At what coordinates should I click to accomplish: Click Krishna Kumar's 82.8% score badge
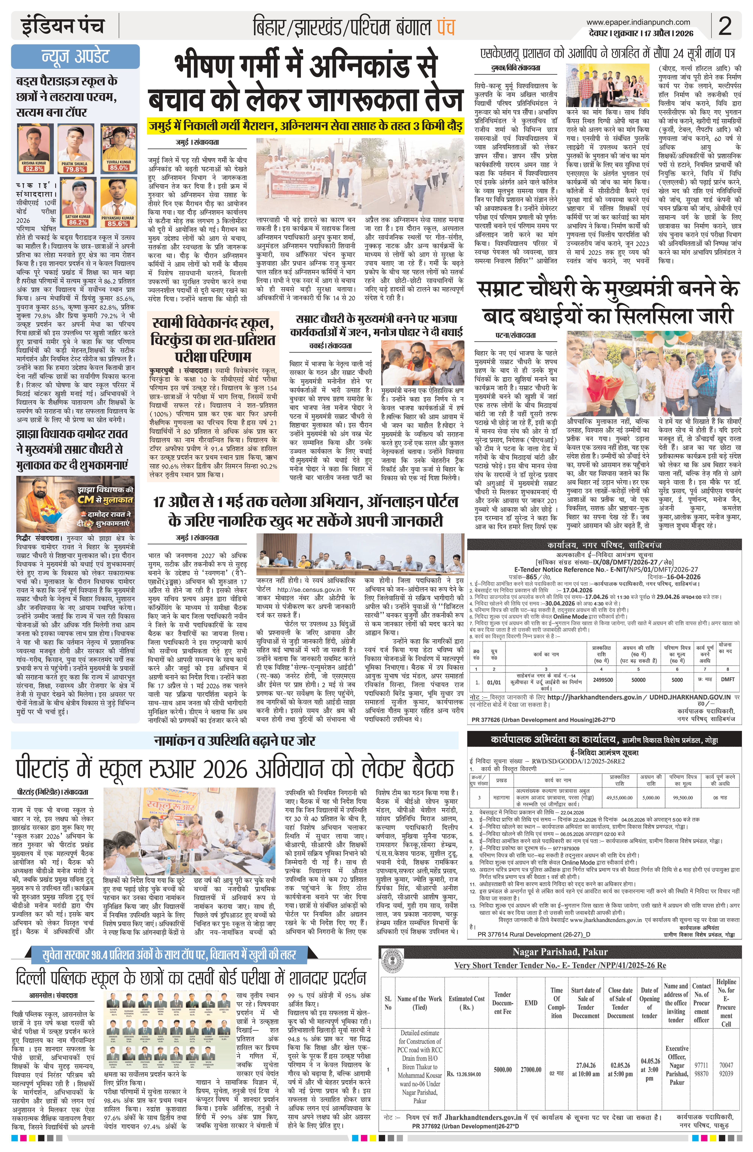pyautogui.click(x=34, y=169)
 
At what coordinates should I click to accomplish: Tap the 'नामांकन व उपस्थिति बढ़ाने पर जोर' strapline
pyautogui.click(x=235, y=740)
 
